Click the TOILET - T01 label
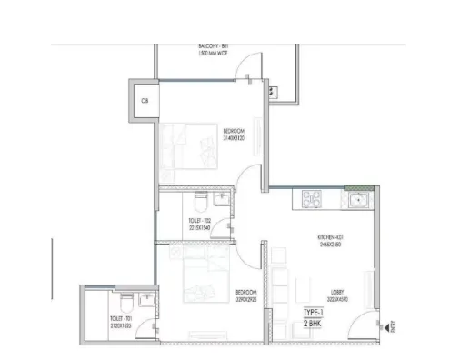pyautogui.click(x=122, y=319)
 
